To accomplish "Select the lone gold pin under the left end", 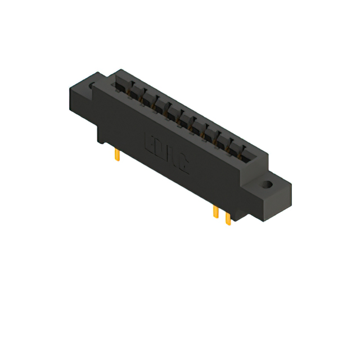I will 117,155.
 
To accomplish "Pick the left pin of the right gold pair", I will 215,211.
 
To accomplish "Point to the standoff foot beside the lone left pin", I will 105,135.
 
